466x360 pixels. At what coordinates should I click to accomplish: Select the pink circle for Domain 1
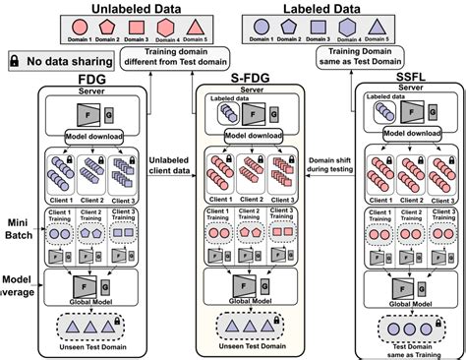tap(48, 29)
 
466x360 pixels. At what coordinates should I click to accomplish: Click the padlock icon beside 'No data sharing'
tap(15, 61)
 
